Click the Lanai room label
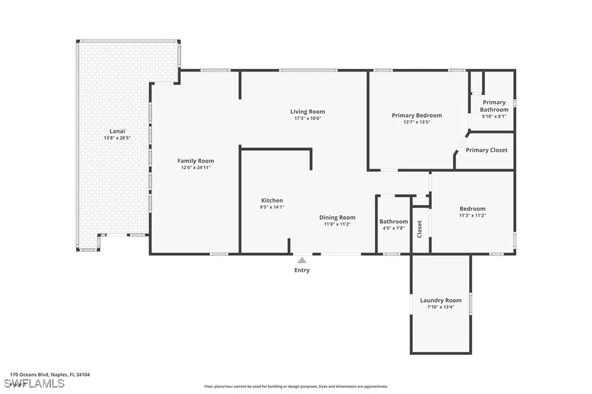[x=114, y=131]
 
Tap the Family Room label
[x=195, y=161]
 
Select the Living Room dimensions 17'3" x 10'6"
[x=307, y=118]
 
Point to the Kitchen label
[x=272, y=200]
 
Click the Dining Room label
[x=337, y=218]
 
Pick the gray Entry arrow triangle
[x=302, y=261]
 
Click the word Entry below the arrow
[x=302, y=270]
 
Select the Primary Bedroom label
[x=416, y=116]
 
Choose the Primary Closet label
[x=486, y=150]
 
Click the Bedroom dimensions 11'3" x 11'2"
[x=472, y=215]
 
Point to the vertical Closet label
[x=420, y=229]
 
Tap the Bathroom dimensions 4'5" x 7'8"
[x=393, y=228]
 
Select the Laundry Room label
[x=441, y=300]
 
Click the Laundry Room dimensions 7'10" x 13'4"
[x=441, y=307]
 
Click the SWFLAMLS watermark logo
[x=27, y=384]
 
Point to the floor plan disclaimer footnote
[x=295, y=386]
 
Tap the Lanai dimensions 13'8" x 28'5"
[x=114, y=138]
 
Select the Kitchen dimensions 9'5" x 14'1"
[x=272, y=207]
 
